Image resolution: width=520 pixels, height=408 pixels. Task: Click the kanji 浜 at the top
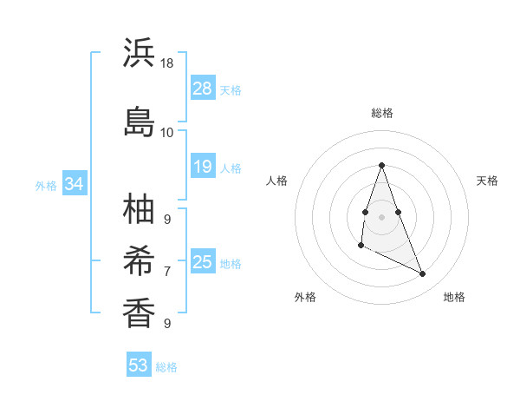coord(139,54)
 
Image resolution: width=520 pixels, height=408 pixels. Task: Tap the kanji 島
coord(139,121)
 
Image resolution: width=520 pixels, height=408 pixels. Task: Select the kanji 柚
coord(139,208)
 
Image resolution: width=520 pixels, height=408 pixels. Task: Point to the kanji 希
coord(139,260)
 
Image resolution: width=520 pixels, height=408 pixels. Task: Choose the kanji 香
coord(139,312)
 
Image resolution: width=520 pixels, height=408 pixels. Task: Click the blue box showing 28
coord(203,89)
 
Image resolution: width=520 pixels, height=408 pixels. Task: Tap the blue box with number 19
coord(203,167)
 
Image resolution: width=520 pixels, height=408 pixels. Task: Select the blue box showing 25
coord(203,262)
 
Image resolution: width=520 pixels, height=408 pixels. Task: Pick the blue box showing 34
coord(75,184)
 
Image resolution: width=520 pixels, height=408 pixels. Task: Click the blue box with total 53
coord(139,365)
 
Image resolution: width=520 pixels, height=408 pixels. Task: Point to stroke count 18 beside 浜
coord(167,64)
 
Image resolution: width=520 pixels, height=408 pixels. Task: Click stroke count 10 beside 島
coord(167,132)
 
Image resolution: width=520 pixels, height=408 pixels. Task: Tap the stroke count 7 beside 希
coord(167,271)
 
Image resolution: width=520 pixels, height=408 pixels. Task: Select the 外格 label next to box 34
coord(46,185)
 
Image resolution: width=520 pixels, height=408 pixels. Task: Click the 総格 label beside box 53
coord(166,367)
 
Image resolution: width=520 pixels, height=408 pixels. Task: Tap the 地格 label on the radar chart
coord(454,297)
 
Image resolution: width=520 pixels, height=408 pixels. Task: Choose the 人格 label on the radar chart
coord(277,181)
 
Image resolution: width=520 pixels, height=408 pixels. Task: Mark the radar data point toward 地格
coord(423,274)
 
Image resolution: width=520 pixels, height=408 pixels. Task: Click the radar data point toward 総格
coord(381,165)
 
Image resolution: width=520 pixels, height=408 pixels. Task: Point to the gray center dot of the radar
coord(381,215)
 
